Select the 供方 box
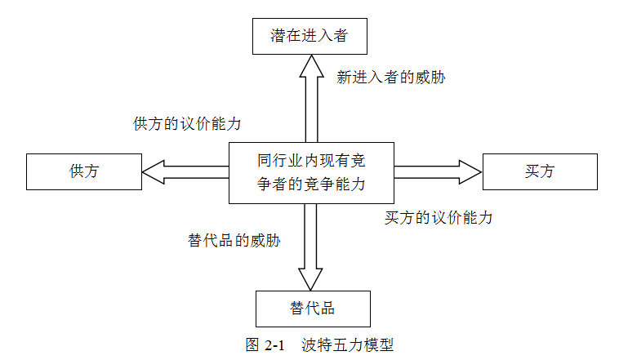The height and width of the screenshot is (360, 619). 84,171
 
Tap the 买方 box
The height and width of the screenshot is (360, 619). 540,171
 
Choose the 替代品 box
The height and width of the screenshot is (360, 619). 312,309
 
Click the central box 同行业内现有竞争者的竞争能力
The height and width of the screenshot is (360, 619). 310,172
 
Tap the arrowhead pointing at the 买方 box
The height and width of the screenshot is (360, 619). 471,171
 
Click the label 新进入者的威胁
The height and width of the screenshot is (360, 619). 390,78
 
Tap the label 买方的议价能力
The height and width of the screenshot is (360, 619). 439,218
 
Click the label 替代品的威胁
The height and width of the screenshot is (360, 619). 234,241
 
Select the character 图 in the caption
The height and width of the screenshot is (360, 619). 252,345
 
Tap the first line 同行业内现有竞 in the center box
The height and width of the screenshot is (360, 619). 310,160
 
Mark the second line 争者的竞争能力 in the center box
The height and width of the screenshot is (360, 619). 310,184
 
